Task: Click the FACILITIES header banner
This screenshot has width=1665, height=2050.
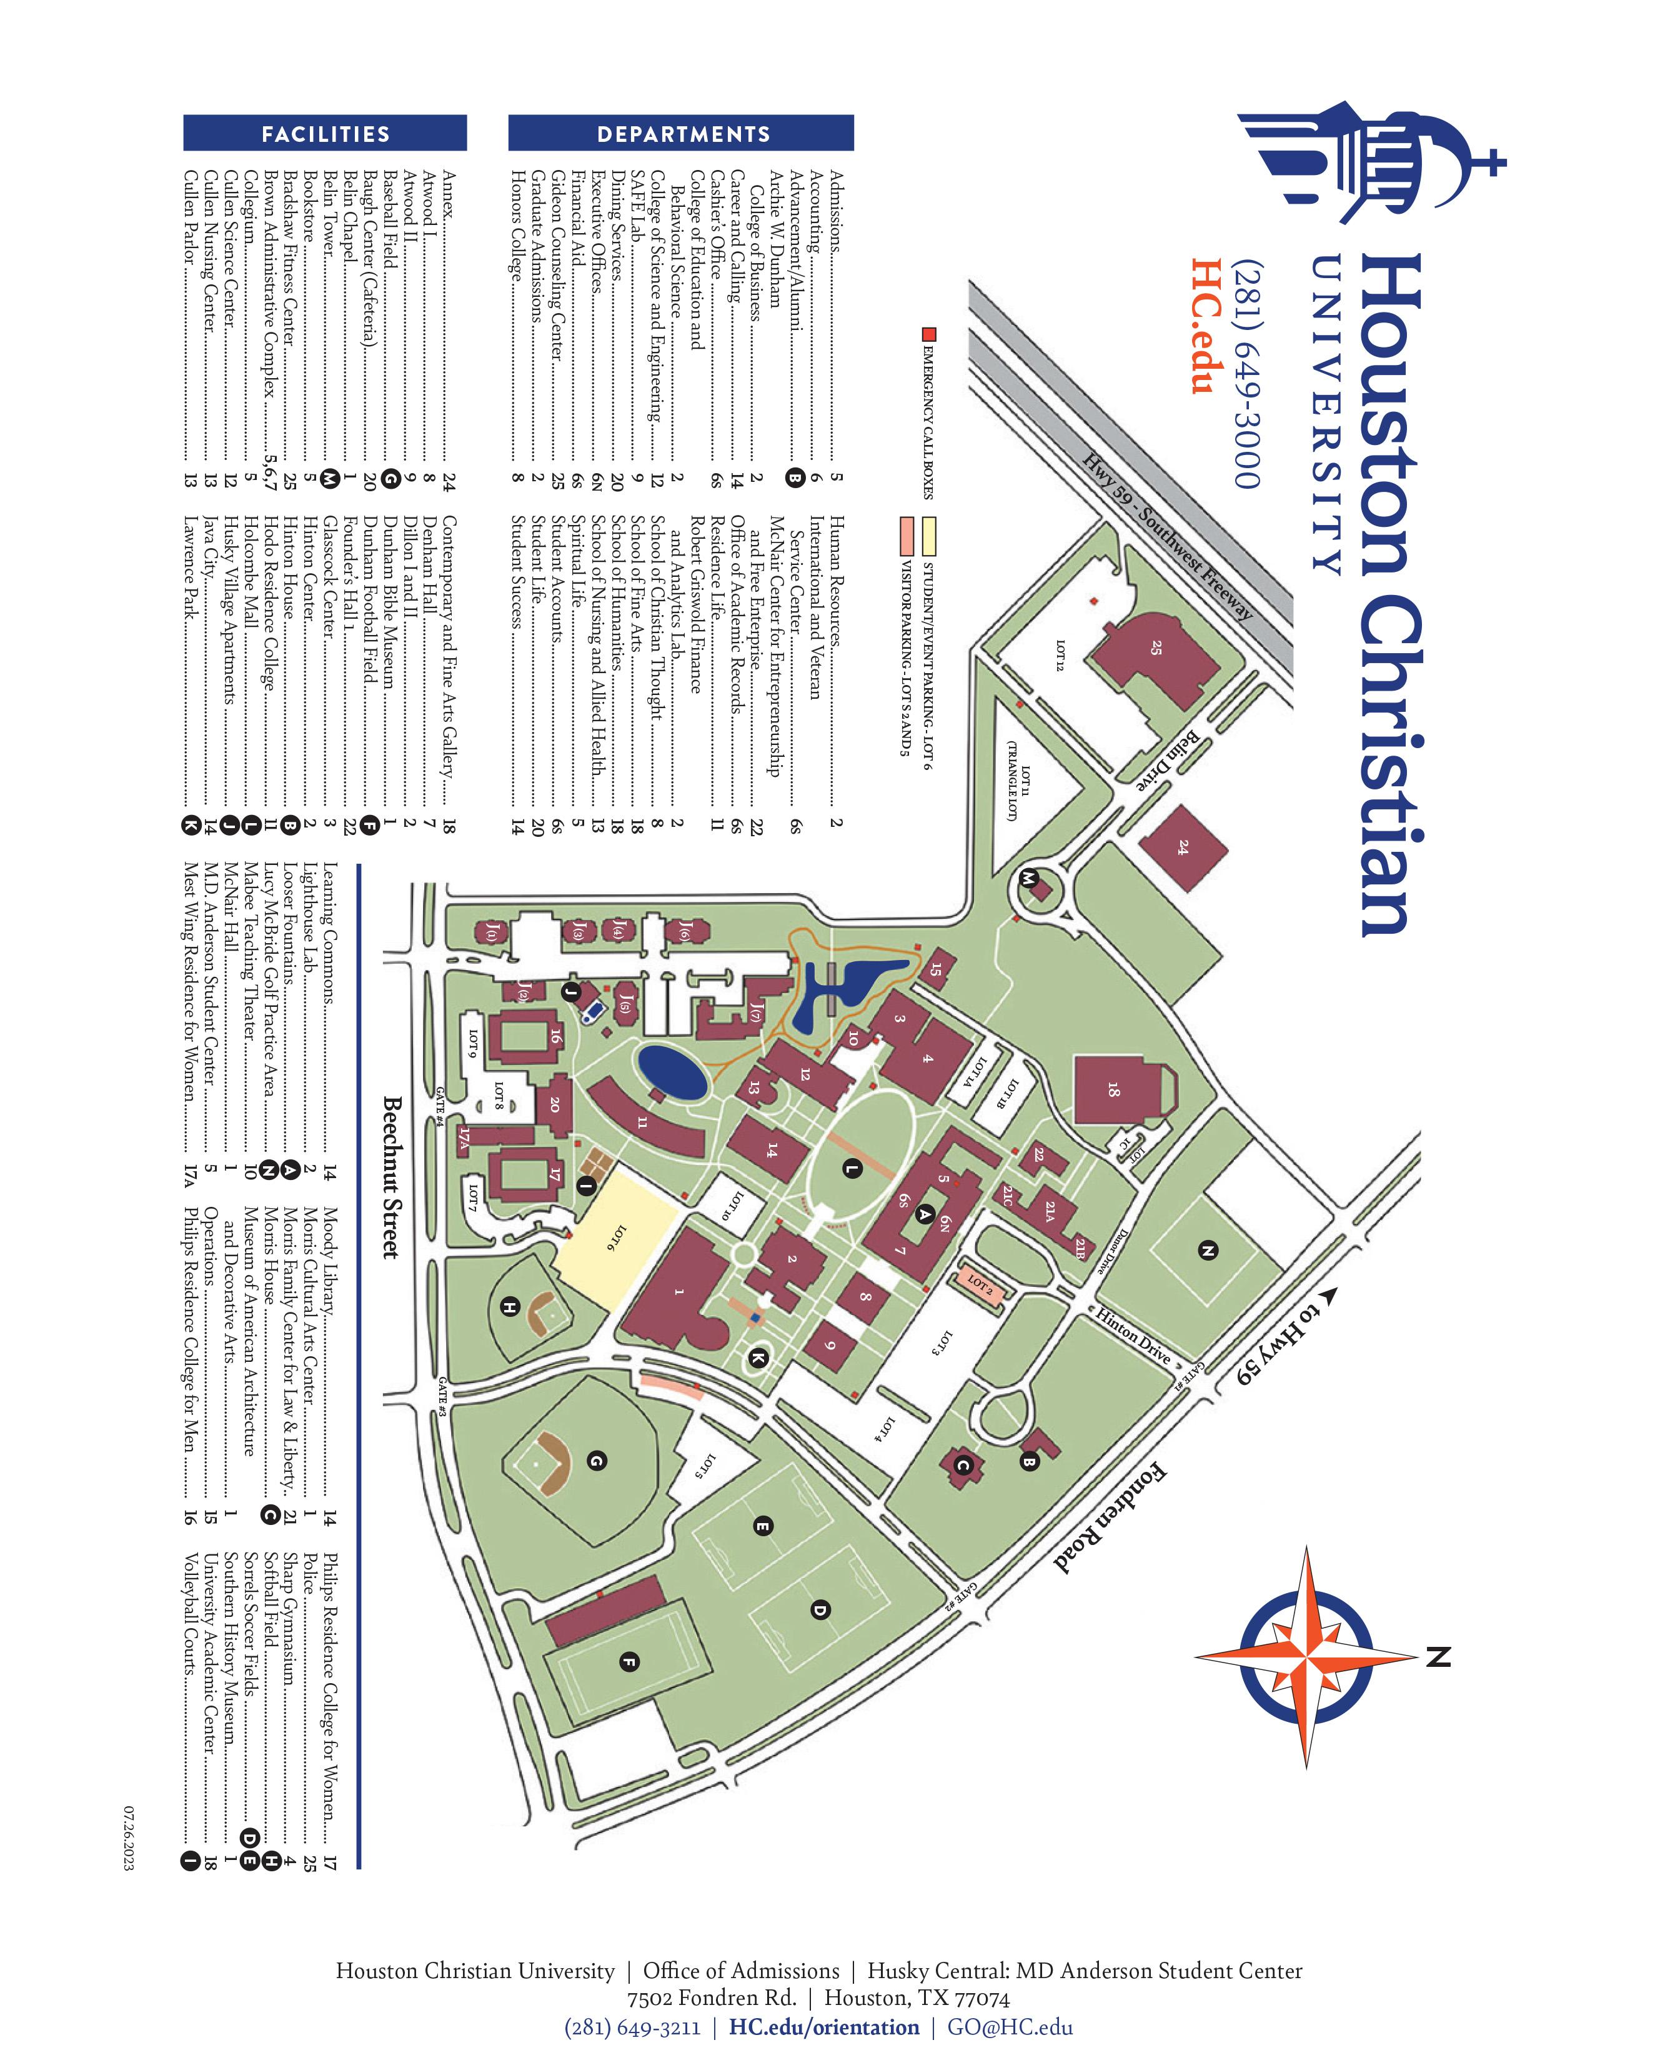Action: [325, 133]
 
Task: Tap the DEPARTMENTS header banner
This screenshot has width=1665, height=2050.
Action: [682, 133]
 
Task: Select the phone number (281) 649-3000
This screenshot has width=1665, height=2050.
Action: [1248, 375]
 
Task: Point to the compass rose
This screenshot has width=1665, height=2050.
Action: [1307, 1656]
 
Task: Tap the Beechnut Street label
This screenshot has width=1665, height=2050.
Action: [391, 1178]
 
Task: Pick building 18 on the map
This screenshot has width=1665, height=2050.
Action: [1113, 1091]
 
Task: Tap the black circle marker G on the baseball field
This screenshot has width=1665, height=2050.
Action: [595, 1461]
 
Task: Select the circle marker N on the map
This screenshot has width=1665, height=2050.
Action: [1208, 1250]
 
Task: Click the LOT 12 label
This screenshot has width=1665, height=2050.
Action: [1060, 656]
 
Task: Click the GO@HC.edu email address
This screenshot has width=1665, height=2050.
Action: [1010, 2027]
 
